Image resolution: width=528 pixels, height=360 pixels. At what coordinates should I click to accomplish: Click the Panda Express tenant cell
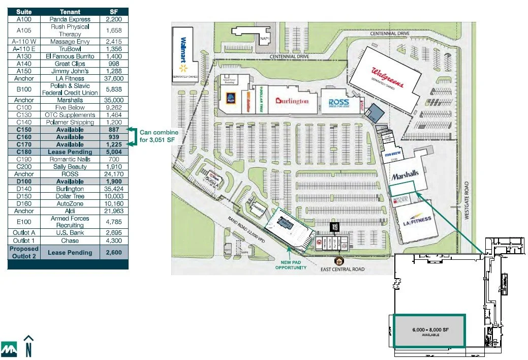point(70,19)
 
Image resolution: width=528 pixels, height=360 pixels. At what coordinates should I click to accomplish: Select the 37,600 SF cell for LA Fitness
point(114,79)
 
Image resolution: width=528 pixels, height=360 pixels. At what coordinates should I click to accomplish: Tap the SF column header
point(114,12)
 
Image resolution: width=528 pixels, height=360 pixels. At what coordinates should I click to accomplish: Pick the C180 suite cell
point(24,152)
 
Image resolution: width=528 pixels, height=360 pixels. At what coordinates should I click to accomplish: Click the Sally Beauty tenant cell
point(70,167)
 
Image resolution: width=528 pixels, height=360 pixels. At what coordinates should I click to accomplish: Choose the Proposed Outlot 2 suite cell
point(24,253)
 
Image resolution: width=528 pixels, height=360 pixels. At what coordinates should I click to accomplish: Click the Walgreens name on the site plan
point(388,78)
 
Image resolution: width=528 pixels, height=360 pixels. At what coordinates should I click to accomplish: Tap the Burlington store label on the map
point(292,101)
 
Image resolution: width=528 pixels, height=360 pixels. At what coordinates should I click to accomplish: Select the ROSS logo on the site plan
point(338,103)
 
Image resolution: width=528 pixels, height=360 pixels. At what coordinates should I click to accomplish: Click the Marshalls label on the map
point(405,175)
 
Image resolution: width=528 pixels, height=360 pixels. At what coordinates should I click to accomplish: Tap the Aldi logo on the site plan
point(231,98)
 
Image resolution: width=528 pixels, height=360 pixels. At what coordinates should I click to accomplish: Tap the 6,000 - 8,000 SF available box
point(429,331)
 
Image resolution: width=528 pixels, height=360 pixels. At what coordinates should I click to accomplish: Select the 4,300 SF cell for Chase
point(114,241)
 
